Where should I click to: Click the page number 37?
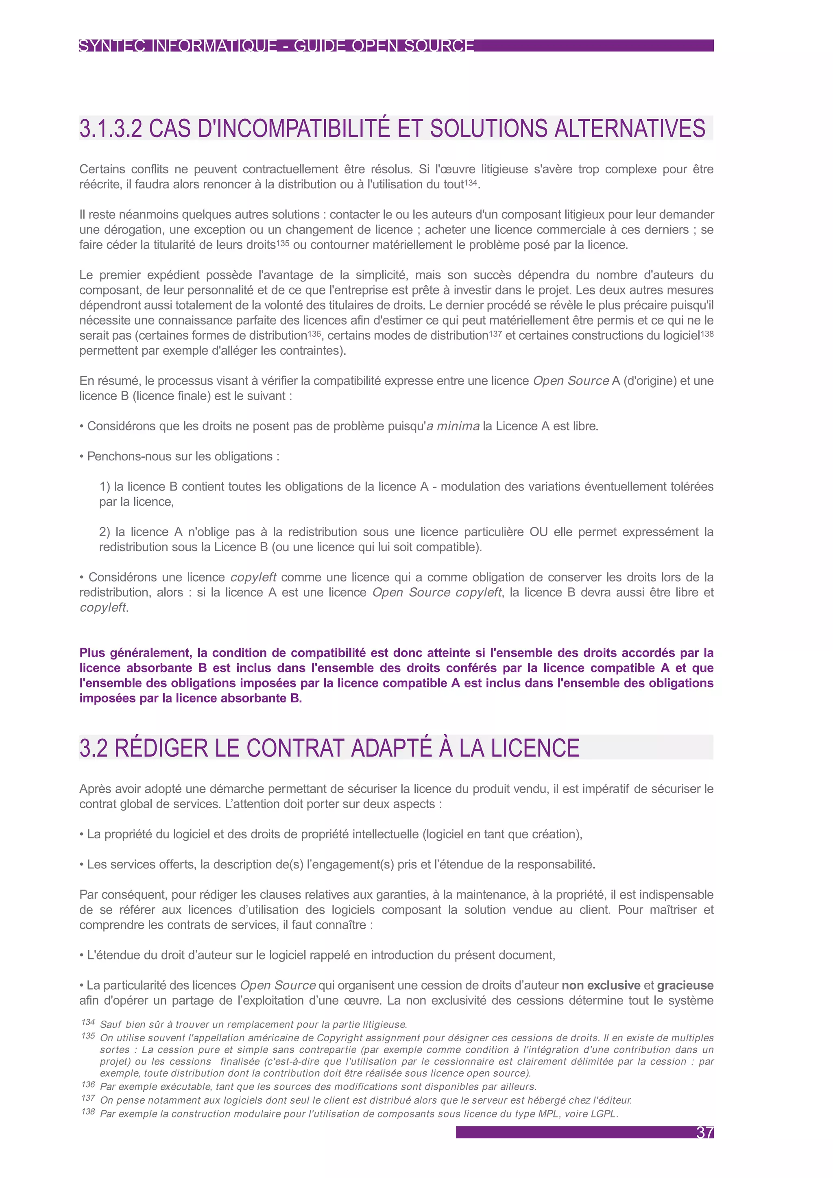tap(705, 1132)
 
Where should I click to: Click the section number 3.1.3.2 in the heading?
tap(110, 128)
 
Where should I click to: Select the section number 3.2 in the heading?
tap(94, 748)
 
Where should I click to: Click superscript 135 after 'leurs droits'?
tap(283, 243)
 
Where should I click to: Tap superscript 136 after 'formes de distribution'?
tap(314, 334)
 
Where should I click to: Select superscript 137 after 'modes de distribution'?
tap(495, 334)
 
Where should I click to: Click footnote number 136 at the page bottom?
tap(88, 1084)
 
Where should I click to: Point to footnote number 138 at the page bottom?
tap(88, 1111)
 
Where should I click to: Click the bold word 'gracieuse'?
tap(685, 985)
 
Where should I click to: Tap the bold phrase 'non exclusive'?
tap(601, 985)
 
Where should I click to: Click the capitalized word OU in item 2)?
tap(539, 532)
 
